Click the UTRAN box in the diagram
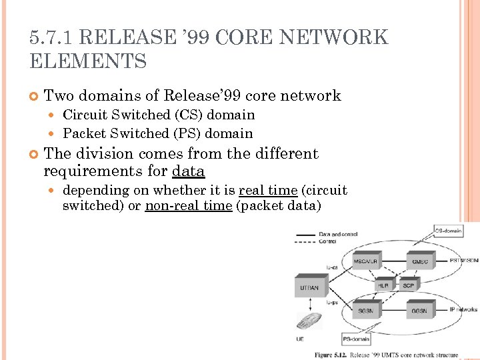[x=310, y=288]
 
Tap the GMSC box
[x=420, y=261]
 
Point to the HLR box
[x=383, y=285]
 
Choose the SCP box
[x=408, y=285]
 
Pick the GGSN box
[x=419, y=311]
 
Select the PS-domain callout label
[x=356, y=339]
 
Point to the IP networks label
[x=463, y=310]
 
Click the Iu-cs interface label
[x=332, y=267]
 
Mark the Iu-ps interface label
[x=332, y=303]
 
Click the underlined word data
[x=188, y=171]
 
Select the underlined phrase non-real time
[x=188, y=206]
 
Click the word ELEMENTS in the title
[x=88, y=62]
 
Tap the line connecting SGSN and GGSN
[x=391, y=311]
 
